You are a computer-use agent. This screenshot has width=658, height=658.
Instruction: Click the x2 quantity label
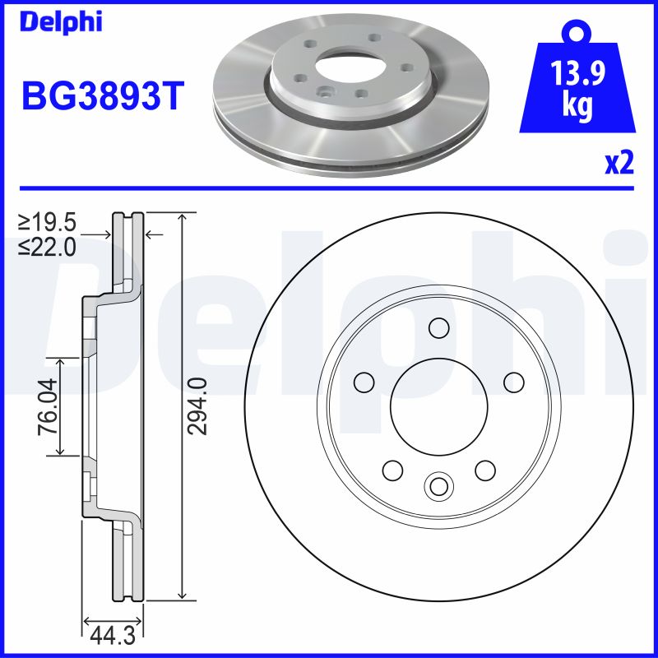[619, 164]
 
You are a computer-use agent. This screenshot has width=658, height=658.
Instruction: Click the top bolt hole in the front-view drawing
[438, 328]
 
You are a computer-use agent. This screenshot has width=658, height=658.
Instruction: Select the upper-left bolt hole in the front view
[363, 382]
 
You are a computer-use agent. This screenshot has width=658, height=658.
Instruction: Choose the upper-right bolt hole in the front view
[513, 382]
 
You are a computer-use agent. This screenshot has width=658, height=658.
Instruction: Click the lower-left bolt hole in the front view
[392, 470]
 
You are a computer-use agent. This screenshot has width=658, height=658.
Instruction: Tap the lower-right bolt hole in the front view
[485, 470]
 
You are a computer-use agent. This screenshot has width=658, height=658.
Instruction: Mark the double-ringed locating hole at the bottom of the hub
[438, 486]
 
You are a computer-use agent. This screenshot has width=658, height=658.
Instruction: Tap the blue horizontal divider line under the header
[329, 188]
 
